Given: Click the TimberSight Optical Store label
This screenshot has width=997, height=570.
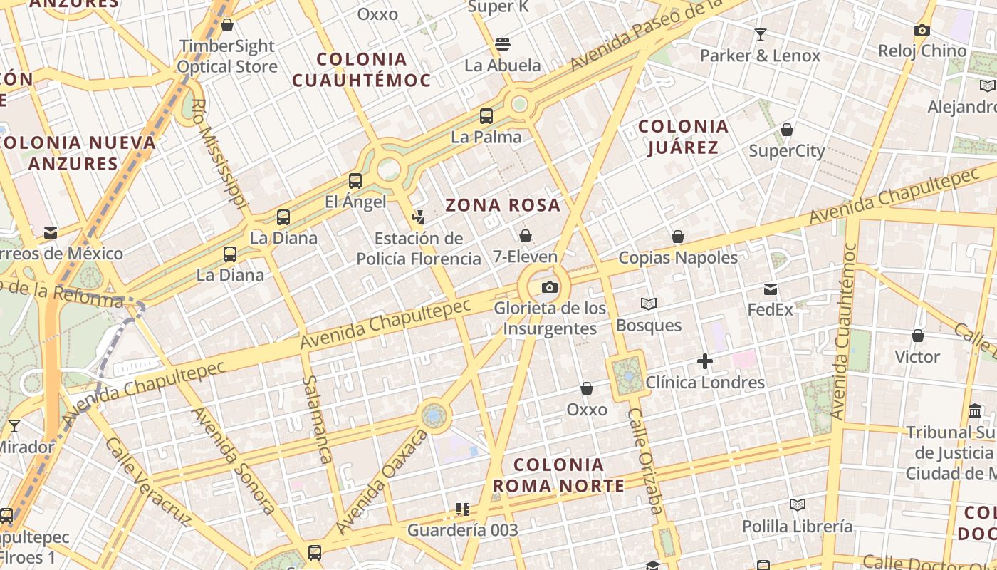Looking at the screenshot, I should pos(227,56).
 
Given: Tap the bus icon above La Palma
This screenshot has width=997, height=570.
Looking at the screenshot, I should pos(486,116).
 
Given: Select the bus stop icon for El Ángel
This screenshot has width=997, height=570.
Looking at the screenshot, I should pos(355,181).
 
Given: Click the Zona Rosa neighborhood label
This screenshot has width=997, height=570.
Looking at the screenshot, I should pos(503,205).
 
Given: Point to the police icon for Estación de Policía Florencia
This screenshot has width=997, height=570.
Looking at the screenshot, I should pos(419,217).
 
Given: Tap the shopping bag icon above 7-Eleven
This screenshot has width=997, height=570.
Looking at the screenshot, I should pos(526,236).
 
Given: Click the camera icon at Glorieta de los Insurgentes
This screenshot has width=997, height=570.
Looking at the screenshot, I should pos(550,288).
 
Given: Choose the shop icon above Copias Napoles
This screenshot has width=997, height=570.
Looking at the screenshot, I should pos(678,237).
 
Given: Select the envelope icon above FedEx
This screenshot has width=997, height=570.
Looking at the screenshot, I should pos(771,289).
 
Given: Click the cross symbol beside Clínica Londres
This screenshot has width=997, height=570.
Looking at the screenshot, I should pos(705,362).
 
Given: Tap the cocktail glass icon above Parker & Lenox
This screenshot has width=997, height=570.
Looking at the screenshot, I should pos(761,35).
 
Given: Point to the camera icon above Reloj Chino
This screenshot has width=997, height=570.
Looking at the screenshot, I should pos(922,31).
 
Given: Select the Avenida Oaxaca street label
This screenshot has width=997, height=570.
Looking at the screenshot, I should pos(381,482).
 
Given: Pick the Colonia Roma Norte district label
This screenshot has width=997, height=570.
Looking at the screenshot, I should pos(558,475).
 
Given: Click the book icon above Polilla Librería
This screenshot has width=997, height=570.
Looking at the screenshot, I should pos(798,505).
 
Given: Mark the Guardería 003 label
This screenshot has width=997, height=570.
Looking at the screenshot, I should pos(462,530).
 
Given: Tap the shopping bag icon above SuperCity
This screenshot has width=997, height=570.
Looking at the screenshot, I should pos(787,130).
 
